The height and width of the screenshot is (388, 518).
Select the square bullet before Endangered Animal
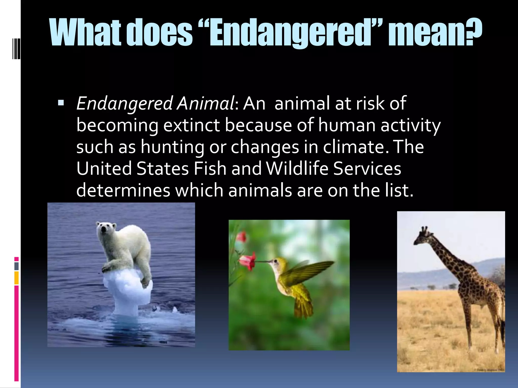coord(61,103)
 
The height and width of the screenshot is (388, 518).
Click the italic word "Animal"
coord(206,104)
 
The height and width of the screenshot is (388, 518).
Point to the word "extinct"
coord(192,125)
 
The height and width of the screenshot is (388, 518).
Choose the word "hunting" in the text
coord(172,147)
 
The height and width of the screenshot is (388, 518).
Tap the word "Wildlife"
coord(297,168)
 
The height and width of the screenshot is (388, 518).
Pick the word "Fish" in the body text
coord(210,168)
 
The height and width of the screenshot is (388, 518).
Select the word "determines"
coord(123,190)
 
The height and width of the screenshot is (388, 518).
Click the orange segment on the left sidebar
coord(16,278)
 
